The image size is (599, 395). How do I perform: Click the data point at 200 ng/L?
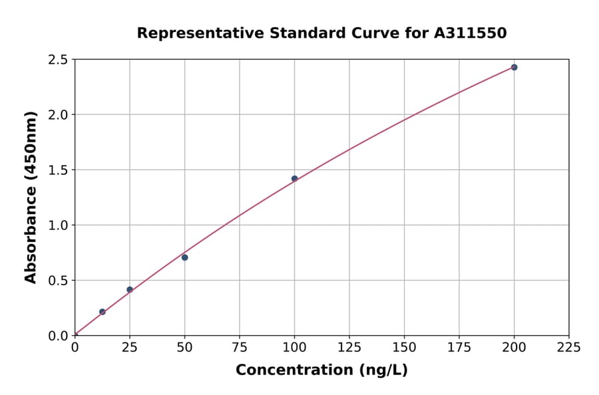point(514,67)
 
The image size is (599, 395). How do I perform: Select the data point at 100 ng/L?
point(294,179)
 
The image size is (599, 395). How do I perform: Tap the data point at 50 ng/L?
point(184,257)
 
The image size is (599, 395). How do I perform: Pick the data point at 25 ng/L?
point(130,289)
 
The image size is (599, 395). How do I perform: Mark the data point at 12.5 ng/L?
point(102,312)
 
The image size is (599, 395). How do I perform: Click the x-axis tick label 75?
point(240,347)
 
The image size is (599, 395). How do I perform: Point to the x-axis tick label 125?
point(349,347)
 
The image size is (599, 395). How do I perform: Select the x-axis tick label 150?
point(404,347)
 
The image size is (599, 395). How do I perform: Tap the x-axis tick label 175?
point(459,347)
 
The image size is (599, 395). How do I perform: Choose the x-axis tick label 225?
point(569,347)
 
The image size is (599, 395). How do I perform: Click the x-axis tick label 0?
point(75,347)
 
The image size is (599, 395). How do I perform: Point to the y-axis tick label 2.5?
point(59,60)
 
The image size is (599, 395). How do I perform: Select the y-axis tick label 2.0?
point(59,115)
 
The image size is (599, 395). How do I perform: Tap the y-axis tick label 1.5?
point(59,170)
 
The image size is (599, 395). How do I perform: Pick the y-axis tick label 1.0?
point(59,225)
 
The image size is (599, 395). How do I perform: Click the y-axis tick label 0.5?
point(59,281)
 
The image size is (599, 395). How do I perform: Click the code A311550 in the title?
point(470,33)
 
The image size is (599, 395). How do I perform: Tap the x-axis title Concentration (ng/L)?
point(321,370)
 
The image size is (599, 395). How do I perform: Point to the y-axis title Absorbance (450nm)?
point(31,197)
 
